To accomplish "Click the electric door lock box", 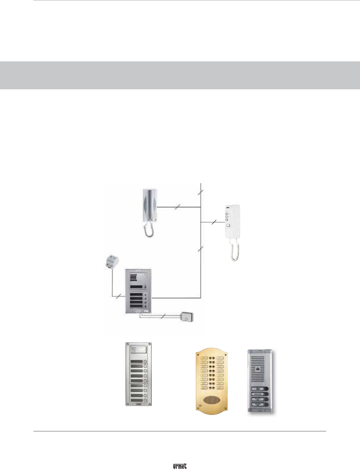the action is click(x=187, y=317).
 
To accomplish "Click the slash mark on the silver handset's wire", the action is click(x=178, y=207).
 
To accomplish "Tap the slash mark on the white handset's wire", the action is click(x=214, y=222).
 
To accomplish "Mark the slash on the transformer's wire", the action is click(x=118, y=296).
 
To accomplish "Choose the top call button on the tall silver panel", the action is click(x=145, y=361).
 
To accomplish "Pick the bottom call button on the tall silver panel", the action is click(x=145, y=401).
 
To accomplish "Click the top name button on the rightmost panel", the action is click(x=259, y=389).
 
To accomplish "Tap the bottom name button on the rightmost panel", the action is click(x=259, y=404).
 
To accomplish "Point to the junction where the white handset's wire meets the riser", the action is click(x=201, y=222).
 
